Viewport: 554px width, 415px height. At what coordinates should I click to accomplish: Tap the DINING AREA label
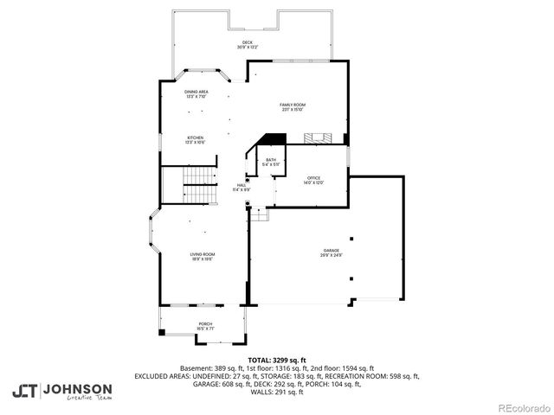pyautogui.click(x=196, y=91)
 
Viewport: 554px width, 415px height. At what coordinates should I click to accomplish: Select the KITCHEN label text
pyautogui.click(x=196, y=137)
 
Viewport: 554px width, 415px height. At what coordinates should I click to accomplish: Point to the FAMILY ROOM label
pyautogui.click(x=292, y=105)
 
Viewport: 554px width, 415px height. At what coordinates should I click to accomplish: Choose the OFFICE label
pyautogui.click(x=313, y=177)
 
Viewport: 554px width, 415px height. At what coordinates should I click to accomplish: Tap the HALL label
pyautogui.click(x=242, y=184)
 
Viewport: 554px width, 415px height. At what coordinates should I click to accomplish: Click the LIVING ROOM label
pyautogui.click(x=202, y=253)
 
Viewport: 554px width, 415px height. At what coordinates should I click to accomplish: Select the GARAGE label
pyautogui.click(x=331, y=252)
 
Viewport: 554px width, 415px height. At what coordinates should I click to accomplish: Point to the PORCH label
pyautogui.click(x=205, y=324)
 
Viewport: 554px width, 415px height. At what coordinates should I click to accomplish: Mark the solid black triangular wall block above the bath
pyautogui.click(x=274, y=139)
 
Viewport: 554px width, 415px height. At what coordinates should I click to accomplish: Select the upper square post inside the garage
pyautogui.click(x=351, y=238)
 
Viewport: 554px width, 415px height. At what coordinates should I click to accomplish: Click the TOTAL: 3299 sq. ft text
pyautogui.click(x=277, y=360)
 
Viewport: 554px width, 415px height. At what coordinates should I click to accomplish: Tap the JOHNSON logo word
pyautogui.click(x=77, y=388)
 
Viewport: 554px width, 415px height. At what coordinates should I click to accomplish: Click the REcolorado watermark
pyautogui.click(x=522, y=407)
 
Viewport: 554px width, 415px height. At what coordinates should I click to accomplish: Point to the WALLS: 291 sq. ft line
pyautogui.click(x=277, y=392)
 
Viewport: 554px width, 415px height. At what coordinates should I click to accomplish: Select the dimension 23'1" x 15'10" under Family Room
pyautogui.click(x=292, y=110)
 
